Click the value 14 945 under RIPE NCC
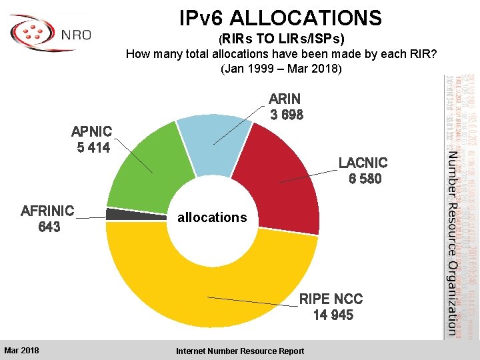(x=333, y=315)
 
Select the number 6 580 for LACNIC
(x=363, y=179)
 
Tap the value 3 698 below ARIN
(x=287, y=115)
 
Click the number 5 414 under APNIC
(x=93, y=147)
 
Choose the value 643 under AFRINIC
(x=49, y=227)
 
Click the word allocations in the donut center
(x=212, y=217)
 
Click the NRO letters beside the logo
(x=75, y=35)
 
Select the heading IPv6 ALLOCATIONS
(x=280, y=17)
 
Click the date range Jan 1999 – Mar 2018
(x=281, y=69)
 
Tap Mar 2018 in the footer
(x=21, y=351)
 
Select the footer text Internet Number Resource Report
(x=240, y=351)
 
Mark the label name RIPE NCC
(x=331, y=298)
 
